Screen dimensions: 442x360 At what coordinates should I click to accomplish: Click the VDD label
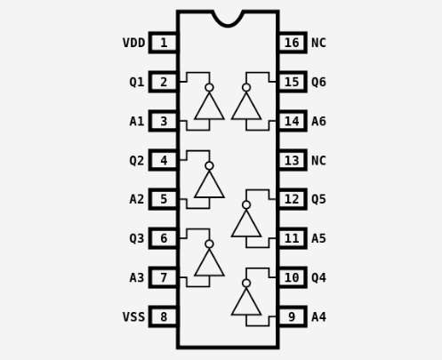(134, 43)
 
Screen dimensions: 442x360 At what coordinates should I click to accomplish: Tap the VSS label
(134, 316)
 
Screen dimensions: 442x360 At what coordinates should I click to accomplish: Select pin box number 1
(164, 43)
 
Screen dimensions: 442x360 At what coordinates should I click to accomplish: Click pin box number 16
(293, 43)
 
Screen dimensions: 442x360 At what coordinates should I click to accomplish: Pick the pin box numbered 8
(164, 316)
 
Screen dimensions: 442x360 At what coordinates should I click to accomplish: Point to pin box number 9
(293, 316)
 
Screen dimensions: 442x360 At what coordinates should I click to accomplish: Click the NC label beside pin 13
(318, 160)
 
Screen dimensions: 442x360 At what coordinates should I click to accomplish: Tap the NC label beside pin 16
(318, 43)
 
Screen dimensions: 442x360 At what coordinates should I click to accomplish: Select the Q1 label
(137, 82)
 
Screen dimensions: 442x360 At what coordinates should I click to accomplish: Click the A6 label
(318, 121)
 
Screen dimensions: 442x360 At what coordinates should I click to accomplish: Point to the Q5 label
(318, 199)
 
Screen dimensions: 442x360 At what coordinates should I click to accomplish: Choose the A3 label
(137, 277)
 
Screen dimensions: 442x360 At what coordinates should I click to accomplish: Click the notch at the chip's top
(228, 26)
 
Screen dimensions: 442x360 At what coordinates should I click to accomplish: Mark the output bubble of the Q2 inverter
(209, 166)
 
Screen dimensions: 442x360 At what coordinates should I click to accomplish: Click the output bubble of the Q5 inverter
(246, 205)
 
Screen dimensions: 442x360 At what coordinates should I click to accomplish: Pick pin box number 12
(293, 199)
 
